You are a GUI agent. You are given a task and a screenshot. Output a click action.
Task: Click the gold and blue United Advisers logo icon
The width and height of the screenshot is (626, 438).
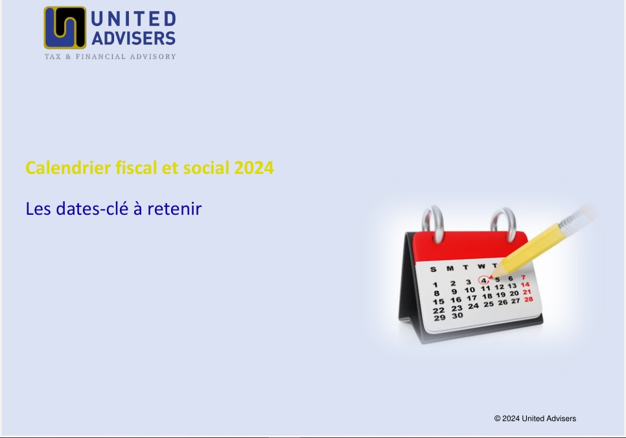pyautogui.click(x=65, y=27)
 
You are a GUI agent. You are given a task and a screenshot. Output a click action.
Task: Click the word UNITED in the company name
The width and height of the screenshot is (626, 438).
pyautogui.click(x=133, y=18)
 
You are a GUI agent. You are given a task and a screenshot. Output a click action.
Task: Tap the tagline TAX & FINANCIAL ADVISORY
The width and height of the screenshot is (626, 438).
pyautogui.click(x=110, y=56)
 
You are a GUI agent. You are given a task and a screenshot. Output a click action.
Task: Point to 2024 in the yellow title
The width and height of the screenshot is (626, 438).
pyautogui.click(x=254, y=168)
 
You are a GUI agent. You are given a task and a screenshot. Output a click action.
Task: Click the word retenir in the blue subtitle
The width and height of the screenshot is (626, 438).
pyautogui.click(x=176, y=209)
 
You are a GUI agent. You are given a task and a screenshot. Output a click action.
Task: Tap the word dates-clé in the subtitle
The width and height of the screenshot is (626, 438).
pyautogui.click(x=84, y=209)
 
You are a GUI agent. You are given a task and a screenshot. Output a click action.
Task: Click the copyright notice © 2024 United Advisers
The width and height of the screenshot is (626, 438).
pyautogui.click(x=535, y=419)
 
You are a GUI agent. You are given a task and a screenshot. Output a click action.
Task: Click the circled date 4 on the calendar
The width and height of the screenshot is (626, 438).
pyautogui.click(x=484, y=280)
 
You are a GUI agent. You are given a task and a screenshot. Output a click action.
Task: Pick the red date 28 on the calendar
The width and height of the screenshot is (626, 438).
pyautogui.click(x=528, y=299)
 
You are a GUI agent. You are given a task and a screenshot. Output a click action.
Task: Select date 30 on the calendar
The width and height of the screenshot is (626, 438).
pyautogui.click(x=458, y=315)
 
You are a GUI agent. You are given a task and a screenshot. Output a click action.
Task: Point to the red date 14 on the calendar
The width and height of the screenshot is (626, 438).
pyautogui.click(x=525, y=284)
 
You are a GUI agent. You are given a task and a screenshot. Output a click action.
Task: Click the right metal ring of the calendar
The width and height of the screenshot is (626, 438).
pyautogui.click(x=502, y=221)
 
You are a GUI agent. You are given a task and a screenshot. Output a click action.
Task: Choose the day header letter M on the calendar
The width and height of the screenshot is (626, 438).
pyautogui.click(x=449, y=268)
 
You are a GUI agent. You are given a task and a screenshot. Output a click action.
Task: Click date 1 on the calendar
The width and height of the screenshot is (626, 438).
pyautogui.click(x=435, y=284)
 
